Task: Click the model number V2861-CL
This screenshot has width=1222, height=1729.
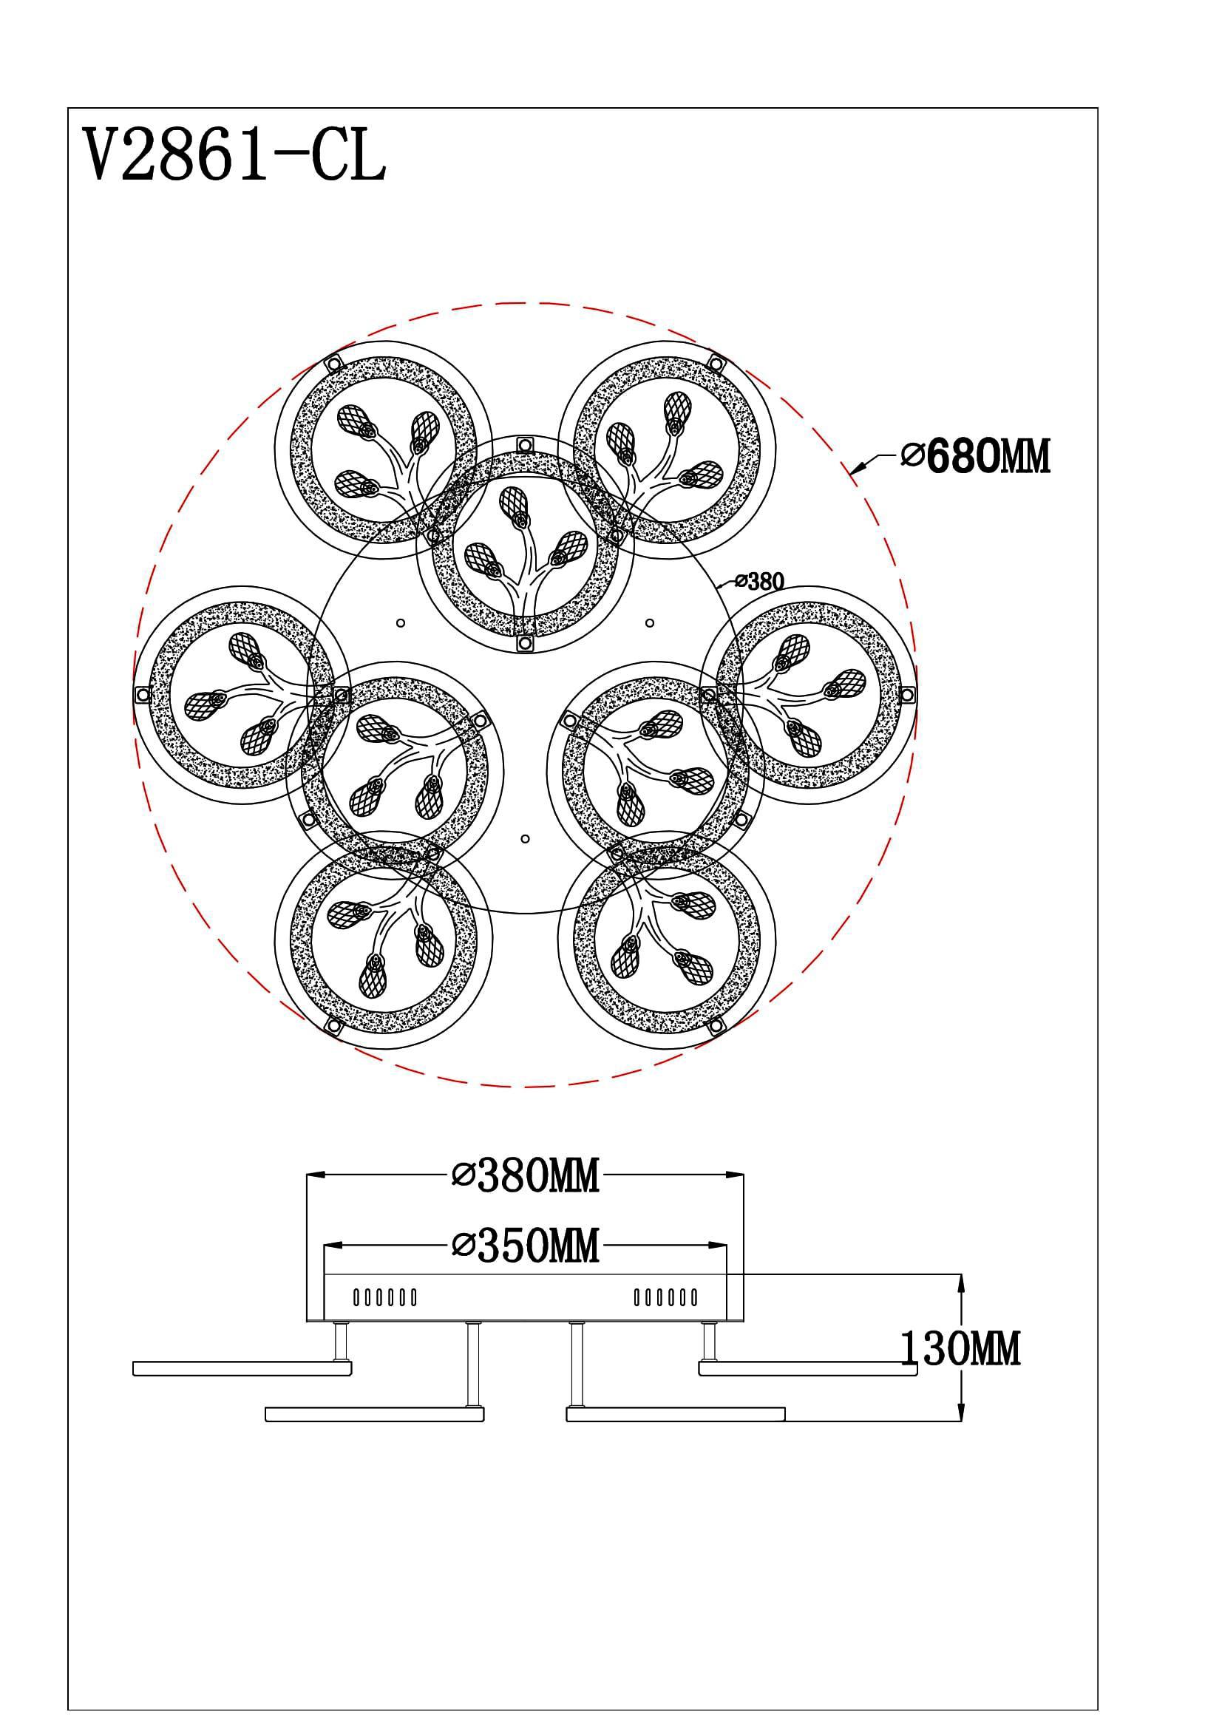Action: tap(234, 154)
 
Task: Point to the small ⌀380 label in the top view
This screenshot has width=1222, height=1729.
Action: tap(759, 580)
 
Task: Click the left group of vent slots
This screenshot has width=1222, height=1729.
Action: tap(384, 1297)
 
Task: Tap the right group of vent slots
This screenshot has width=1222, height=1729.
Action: tap(665, 1297)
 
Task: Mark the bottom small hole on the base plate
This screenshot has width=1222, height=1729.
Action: tap(525, 838)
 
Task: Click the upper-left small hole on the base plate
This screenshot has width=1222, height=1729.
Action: tap(401, 622)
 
